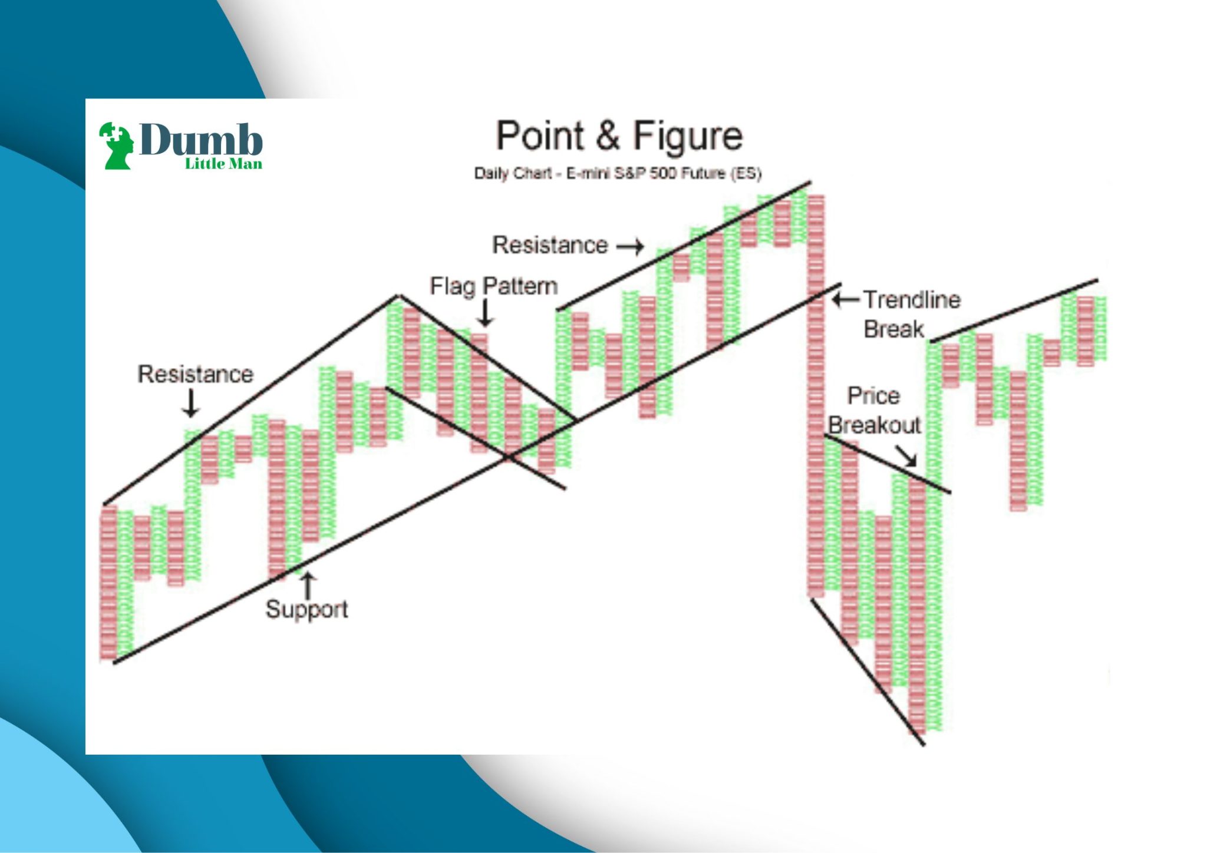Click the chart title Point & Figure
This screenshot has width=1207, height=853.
click(619, 136)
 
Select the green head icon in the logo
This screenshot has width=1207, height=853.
click(116, 146)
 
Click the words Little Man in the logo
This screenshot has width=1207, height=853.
click(223, 164)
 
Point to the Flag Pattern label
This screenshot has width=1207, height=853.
click(494, 287)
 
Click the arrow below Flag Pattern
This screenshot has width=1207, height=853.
click(485, 313)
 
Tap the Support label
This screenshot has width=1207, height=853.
click(306, 610)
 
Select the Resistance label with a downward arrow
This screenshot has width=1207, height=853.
click(195, 374)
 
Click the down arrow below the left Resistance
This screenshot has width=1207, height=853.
click(190, 404)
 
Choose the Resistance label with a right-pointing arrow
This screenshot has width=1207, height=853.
click(550, 245)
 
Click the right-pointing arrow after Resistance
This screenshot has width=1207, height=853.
click(630, 246)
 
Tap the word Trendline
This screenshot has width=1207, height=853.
click(912, 300)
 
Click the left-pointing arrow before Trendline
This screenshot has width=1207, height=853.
click(846, 300)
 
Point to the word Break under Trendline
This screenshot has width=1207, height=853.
click(893, 329)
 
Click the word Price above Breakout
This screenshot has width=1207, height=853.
click(873, 396)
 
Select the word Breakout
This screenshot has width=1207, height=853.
click(874, 425)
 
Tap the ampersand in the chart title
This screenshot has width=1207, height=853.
click(608, 136)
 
